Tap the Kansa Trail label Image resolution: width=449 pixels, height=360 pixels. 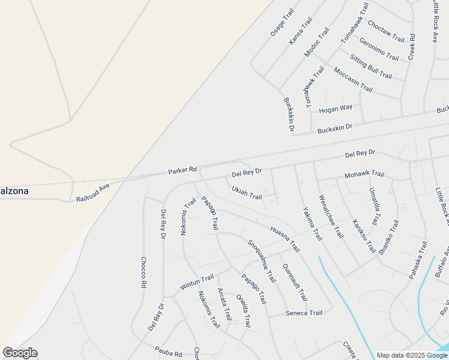[x=300, y=31]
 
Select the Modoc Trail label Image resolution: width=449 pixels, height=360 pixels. [x=317, y=42]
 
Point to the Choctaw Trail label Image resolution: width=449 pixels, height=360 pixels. [x=385, y=32]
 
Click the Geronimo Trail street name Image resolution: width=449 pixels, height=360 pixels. [x=378, y=49]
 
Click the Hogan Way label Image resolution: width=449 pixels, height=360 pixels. [x=336, y=109]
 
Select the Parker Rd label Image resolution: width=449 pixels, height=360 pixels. [x=182, y=170]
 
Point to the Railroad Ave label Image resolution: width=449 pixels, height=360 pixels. [x=93, y=193]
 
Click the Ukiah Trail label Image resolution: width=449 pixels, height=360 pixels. [x=247, y=193]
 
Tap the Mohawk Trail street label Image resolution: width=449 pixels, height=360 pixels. [x=364, y=175]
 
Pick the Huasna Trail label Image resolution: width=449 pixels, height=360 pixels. [x=285, y=239]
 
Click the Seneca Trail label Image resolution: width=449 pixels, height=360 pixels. [x=304, y=313]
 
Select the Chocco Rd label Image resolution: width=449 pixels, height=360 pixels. [x=143, y=273]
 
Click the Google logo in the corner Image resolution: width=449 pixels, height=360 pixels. [x=20, y=353]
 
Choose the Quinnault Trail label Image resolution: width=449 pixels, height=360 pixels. [x=295, y=282]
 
